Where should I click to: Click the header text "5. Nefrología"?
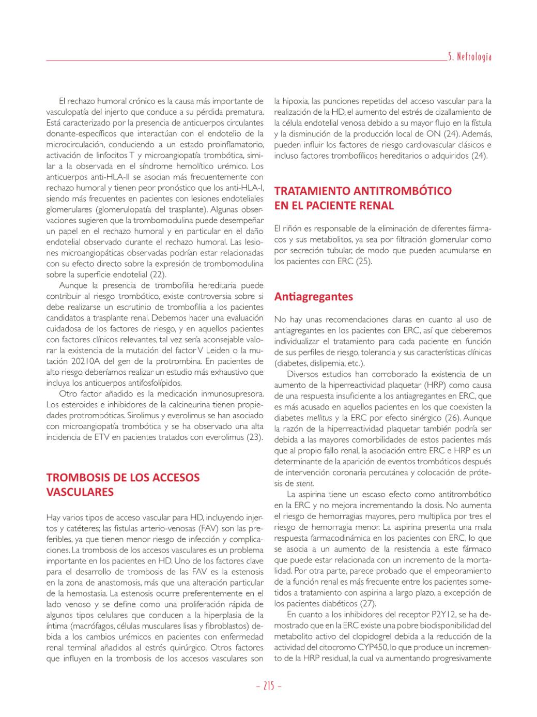[x=469, y=57]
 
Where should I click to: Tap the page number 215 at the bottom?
[x=268, y=686]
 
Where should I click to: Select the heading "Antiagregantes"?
[x=313, y=297]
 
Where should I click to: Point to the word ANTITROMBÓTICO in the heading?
[x=402, y=191]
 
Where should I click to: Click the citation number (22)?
[x=158, y=274]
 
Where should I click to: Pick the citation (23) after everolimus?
[x=254, y=437]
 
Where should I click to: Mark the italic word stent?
[x=304, y=483]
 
